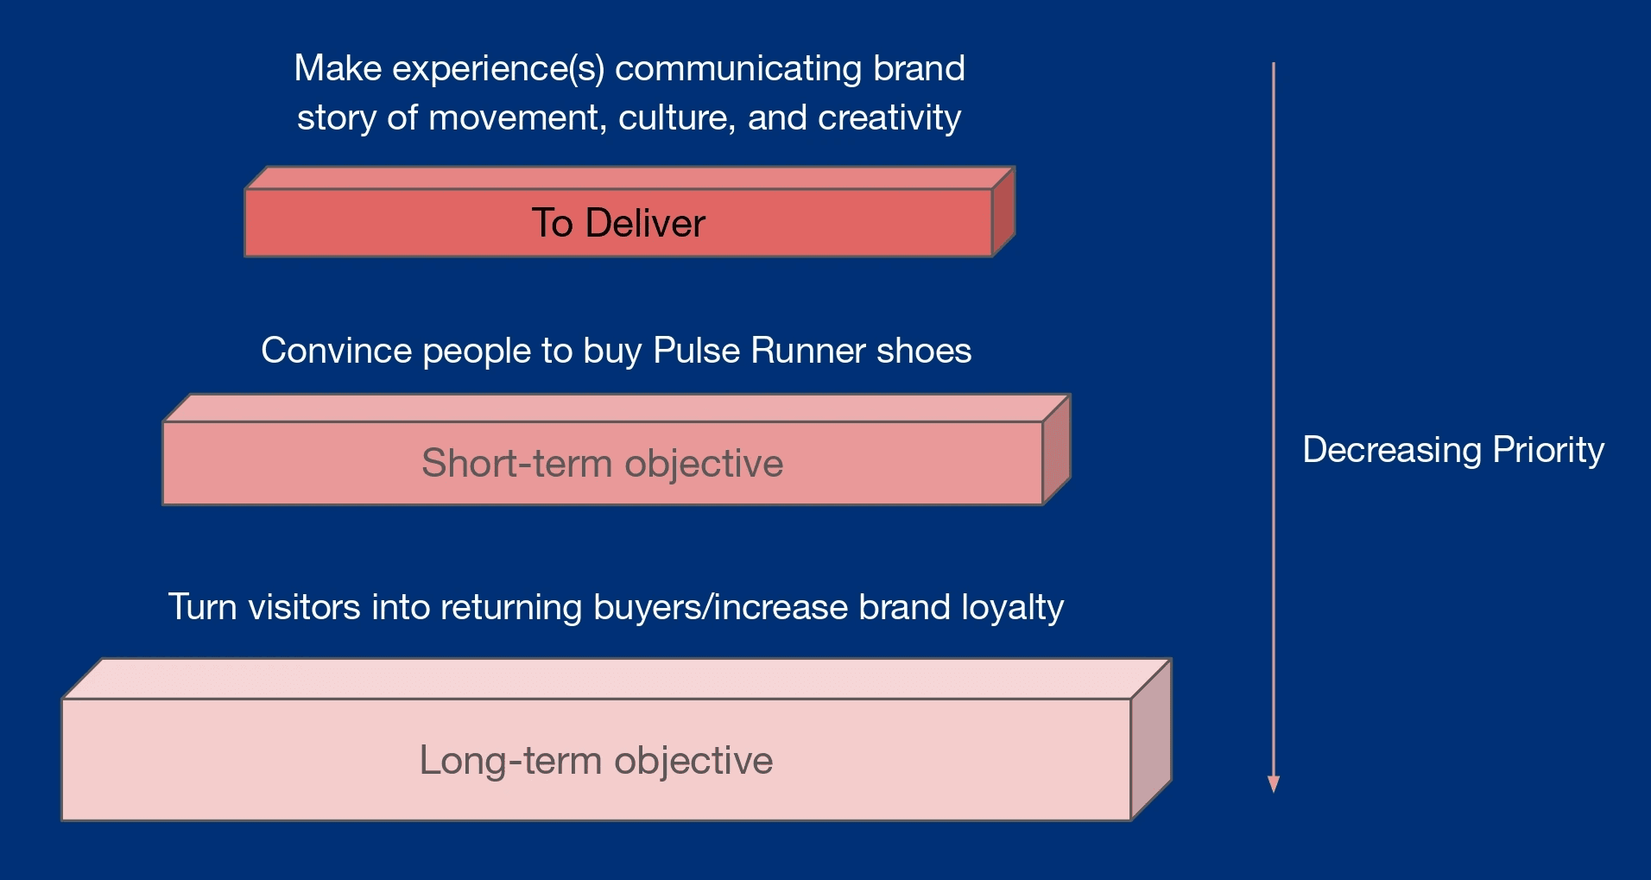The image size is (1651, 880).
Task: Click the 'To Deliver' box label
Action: [618, 224]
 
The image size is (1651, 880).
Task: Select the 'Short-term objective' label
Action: [602, 464]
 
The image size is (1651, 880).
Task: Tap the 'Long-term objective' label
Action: [596, 761]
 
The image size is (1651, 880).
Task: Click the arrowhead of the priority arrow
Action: [1273, 783]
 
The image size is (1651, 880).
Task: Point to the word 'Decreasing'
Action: [1392, 450]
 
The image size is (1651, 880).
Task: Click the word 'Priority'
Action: [1548, 450]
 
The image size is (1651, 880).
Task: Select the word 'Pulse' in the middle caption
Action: [697, 351]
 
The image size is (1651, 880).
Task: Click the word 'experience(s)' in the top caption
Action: [498, 68]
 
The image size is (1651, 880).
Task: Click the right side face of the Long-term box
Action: [1151, 739]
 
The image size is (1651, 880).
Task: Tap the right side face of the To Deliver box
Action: [1003, 212]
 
